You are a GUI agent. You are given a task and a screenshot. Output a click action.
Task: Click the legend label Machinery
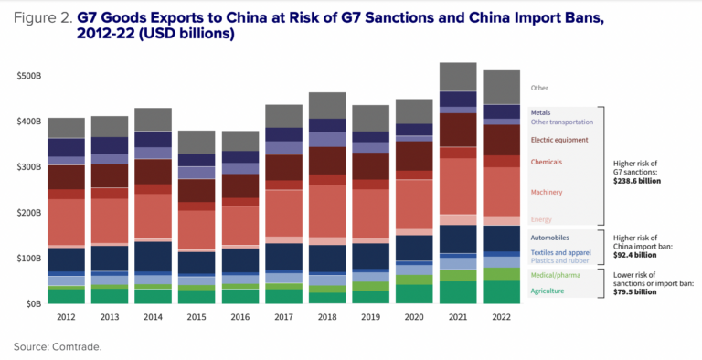(x=547, y=192)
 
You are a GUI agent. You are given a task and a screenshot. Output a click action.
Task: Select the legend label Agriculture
(x=548, y=291)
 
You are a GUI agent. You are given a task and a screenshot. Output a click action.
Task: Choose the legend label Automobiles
(x=550, y=237)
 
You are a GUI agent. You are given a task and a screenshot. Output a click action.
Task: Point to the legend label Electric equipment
(x=560, y=139)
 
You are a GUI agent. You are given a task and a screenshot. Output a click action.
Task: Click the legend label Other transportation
(x=562, y=122)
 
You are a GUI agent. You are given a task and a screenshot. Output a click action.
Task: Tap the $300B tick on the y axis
(x=29, y=167)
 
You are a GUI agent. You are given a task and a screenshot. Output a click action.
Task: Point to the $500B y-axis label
(x=29, y=76)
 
